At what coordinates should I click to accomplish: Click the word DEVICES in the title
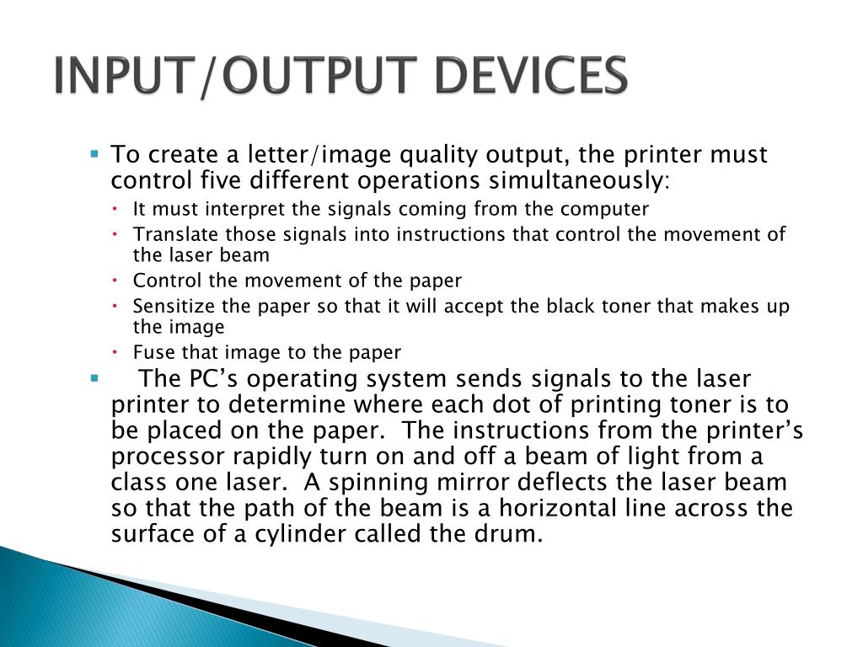tap(531, 75)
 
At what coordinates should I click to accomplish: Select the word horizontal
tap(558, 508)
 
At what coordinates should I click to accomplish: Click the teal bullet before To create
tap(94, 153)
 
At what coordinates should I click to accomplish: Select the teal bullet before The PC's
tap(94, 378)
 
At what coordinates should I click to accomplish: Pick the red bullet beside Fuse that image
tap(115, 351)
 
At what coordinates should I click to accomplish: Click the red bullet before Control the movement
tap(115, 280)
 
